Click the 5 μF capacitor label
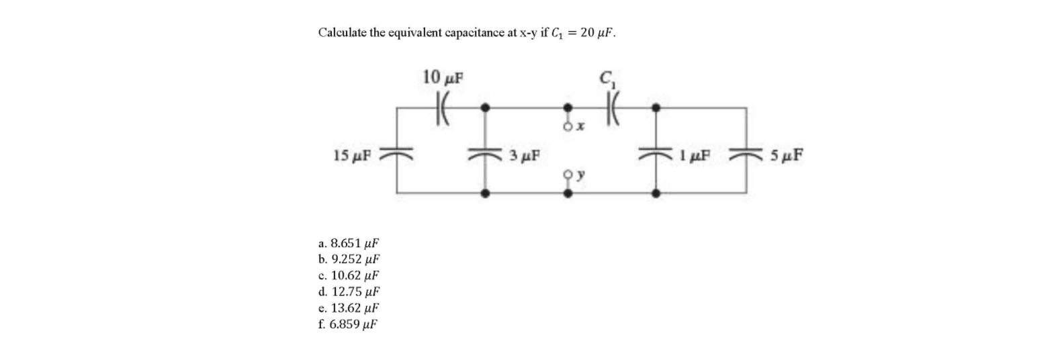click(x=786, y=156)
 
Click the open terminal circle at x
click(x=568, y=126)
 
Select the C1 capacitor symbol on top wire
click(x=613, y=107)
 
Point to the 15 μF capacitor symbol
click(x=396, y=154)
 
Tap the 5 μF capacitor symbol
click(x=746, y=154)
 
